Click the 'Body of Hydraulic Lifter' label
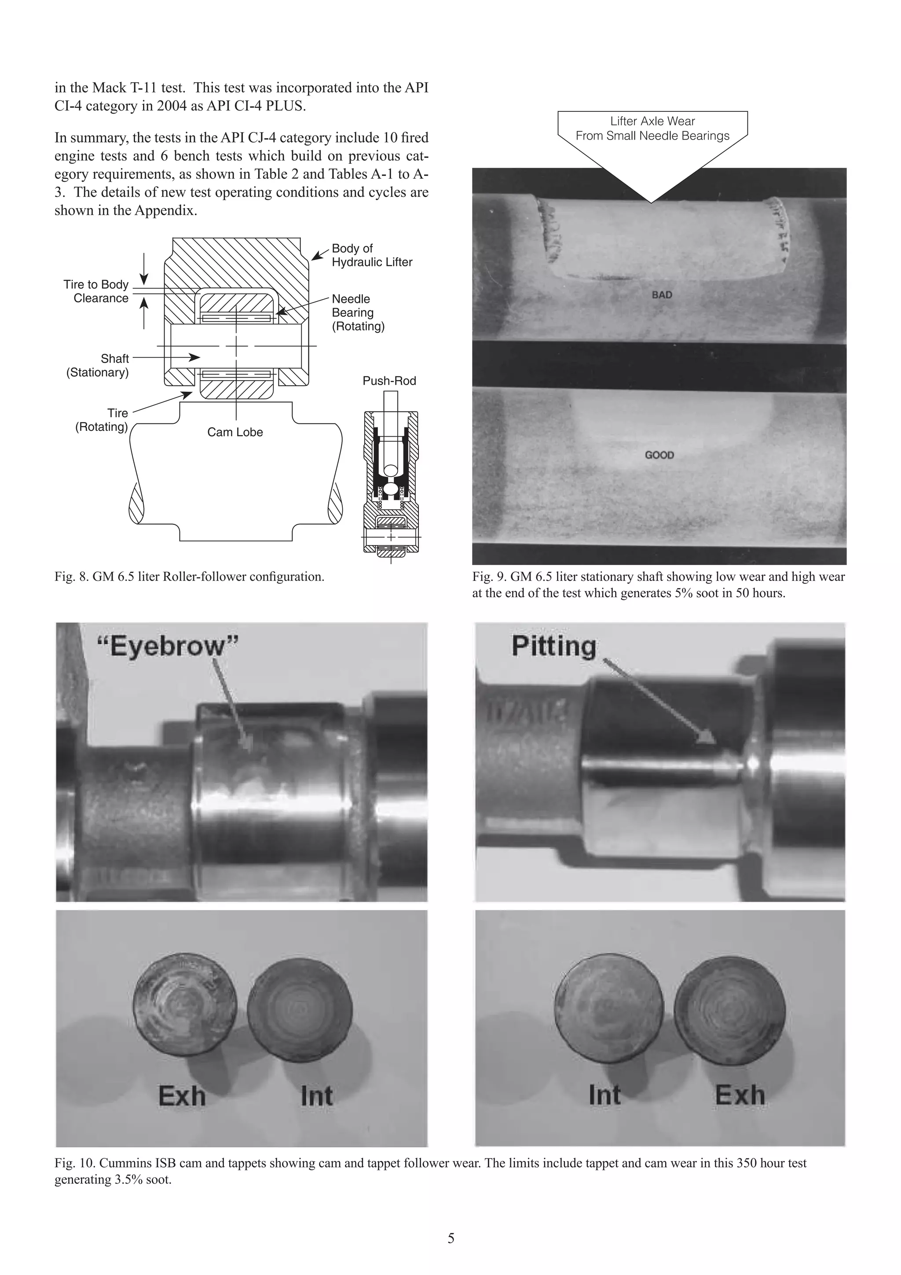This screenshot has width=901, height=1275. [371, 255]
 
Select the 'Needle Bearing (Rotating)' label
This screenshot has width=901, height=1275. [358, 312]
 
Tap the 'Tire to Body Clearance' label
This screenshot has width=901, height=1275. [96, 291]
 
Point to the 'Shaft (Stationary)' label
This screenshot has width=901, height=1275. [98, 365]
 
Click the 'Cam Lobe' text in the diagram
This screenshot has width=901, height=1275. [235, 433]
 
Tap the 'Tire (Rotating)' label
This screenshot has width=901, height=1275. [102, 420]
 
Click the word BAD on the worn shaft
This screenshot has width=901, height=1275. [661, 295]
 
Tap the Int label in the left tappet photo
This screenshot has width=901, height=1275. [316, 1097]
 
